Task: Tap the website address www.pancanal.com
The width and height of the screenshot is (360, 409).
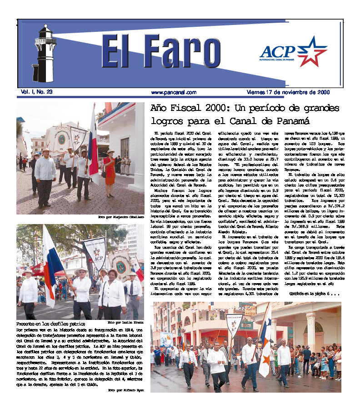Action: tap(174, 92)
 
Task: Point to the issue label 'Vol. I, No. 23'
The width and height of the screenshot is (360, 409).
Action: tap(37, 92)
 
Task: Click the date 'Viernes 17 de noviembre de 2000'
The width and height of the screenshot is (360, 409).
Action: tap(288, 92)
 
